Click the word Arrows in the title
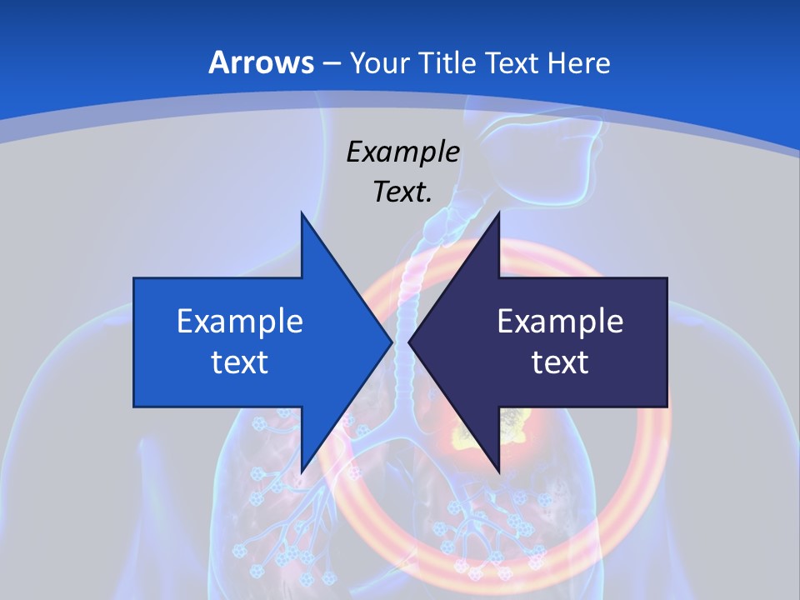pyautogui.click(x=261, y=62)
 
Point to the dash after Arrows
pyautogui.click(x=331, y=63)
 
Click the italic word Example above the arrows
pyautogui.click(x=402, y=152)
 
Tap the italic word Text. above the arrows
pyautogui.click(x=402, y=192)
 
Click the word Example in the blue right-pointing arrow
pyautogui.click(x=240, y=321)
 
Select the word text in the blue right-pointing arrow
pyautogui.click(x=240, y=362)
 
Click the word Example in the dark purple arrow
pyautogui.click(x=560, y=321)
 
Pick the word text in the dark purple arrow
pyautogui.click(x=560, y=362)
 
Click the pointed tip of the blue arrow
pyautogui.click(x=391, y=342)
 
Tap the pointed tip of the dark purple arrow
pyautogui.click(x=409, y=342)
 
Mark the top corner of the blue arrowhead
pyautogui.click(x=302, y=213)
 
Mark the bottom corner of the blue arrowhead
pyautogui.click(x=302, y=472)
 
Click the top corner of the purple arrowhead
pyautogui.click(x=499, y=213)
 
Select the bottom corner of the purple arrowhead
pyautogui.click(x=499, y=472)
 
